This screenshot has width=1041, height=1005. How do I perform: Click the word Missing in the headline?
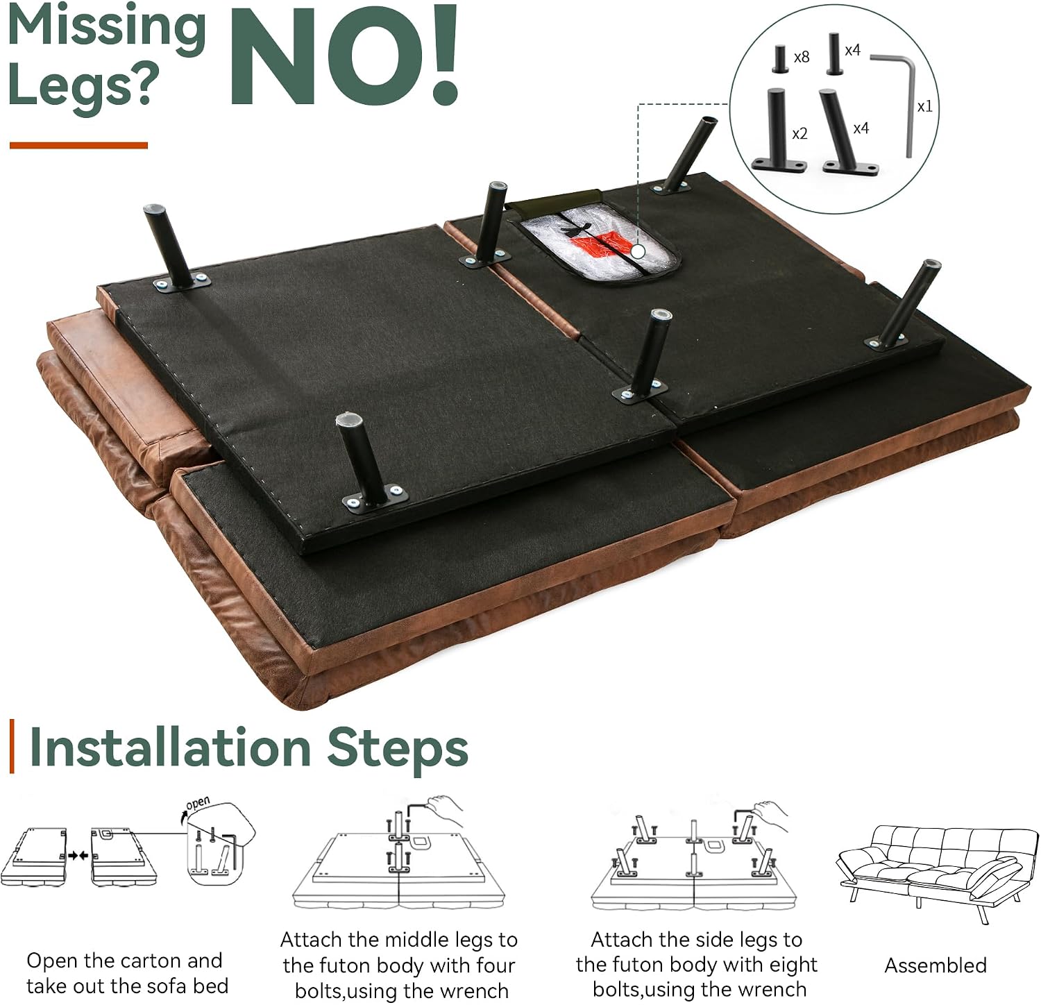pyautogui.click(x=108, y=28)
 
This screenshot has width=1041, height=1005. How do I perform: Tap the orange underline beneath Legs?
pyautogui.click(x=78, y=145)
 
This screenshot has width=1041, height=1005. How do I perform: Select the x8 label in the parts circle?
pyautogui.click(x=802, y=57)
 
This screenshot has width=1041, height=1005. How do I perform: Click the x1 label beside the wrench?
pyautogui.click(x=924, y=107)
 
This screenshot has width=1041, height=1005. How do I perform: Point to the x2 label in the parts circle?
pyautogui.click(x=799, y=133)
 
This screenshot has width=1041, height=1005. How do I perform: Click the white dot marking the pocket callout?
pyautogui.click(x=638, y=251)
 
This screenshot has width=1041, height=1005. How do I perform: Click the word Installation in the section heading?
pyautogui.click(x=171, y=749)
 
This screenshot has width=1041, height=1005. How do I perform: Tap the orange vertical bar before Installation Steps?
pyautogui.click(x=12, y=747)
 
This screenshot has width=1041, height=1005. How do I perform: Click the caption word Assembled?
pyautogui.click(x=936, y=965)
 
